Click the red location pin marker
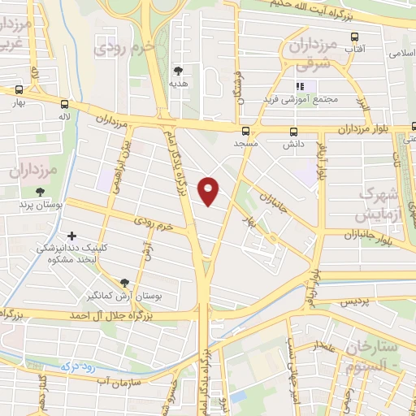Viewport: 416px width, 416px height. click(x=210, y=191)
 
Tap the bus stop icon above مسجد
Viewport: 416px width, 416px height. click(x=245, y=130)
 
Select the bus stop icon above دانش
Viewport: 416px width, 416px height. click(x=293, y=130)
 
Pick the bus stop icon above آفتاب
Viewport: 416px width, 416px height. click(x=354, y=37)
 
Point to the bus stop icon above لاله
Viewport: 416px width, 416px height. click(x=64, y=104)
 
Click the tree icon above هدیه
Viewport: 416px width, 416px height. click(x=178, y=71)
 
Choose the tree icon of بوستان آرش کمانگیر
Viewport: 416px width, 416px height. click(x=123, y=283)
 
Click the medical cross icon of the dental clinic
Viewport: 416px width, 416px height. click(x=72, y=236)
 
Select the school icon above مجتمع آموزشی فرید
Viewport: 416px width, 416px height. click(x=299, y=86)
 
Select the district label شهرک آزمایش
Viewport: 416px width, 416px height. click(x=378, y=206)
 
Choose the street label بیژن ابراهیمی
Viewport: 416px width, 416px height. click(x=114, y=166)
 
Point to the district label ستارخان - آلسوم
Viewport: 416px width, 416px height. click(x=375, y=356)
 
